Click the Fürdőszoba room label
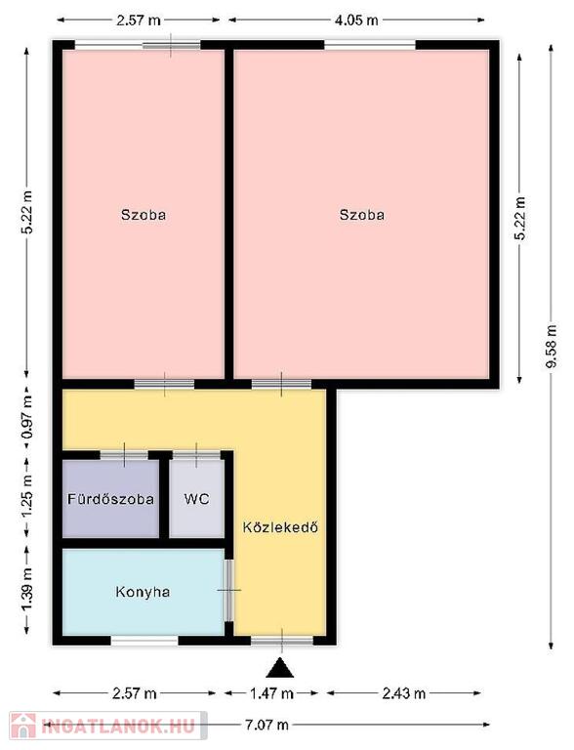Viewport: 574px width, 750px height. [110, 499]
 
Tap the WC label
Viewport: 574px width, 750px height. [196, 499]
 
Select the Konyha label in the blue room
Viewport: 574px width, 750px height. [143, 592]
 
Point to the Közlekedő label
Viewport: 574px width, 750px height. [280, 527]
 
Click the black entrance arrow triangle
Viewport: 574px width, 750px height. [280, 668]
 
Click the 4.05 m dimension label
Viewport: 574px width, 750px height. [355, 21]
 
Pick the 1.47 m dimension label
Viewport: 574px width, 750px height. [271, 693]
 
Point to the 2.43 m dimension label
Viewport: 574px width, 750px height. [404, 693]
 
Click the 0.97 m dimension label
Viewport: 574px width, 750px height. [27, 415]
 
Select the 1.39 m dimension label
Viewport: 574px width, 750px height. [27, 589]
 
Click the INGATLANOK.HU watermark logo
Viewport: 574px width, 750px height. [108, 726]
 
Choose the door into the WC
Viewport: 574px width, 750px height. [196, 454]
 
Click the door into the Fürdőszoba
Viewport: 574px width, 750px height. [124, 454]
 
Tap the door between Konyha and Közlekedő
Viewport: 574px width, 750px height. [228, 590]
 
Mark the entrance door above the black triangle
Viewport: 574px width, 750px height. [282, 641]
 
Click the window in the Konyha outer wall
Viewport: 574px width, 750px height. [144, 641]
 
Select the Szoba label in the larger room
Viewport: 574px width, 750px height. [361, 215]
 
